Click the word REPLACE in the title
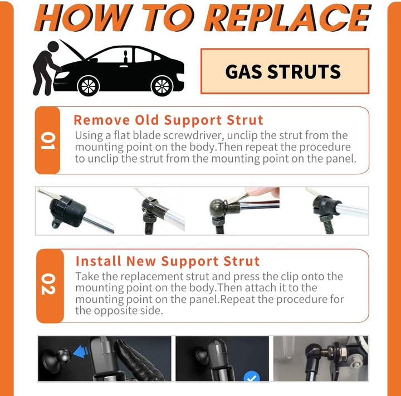(x=289, y=18)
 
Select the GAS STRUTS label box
(x=284, y=71)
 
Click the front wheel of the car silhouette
(x=88, y=86)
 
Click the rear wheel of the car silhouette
(x=162, y=86)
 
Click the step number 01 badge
(x=48, y=140)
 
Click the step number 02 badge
(x=48, y=285)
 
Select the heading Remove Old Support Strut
(x=168, y=120)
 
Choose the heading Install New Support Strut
(x=167, y=261)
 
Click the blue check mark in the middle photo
(x=252, y=377)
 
